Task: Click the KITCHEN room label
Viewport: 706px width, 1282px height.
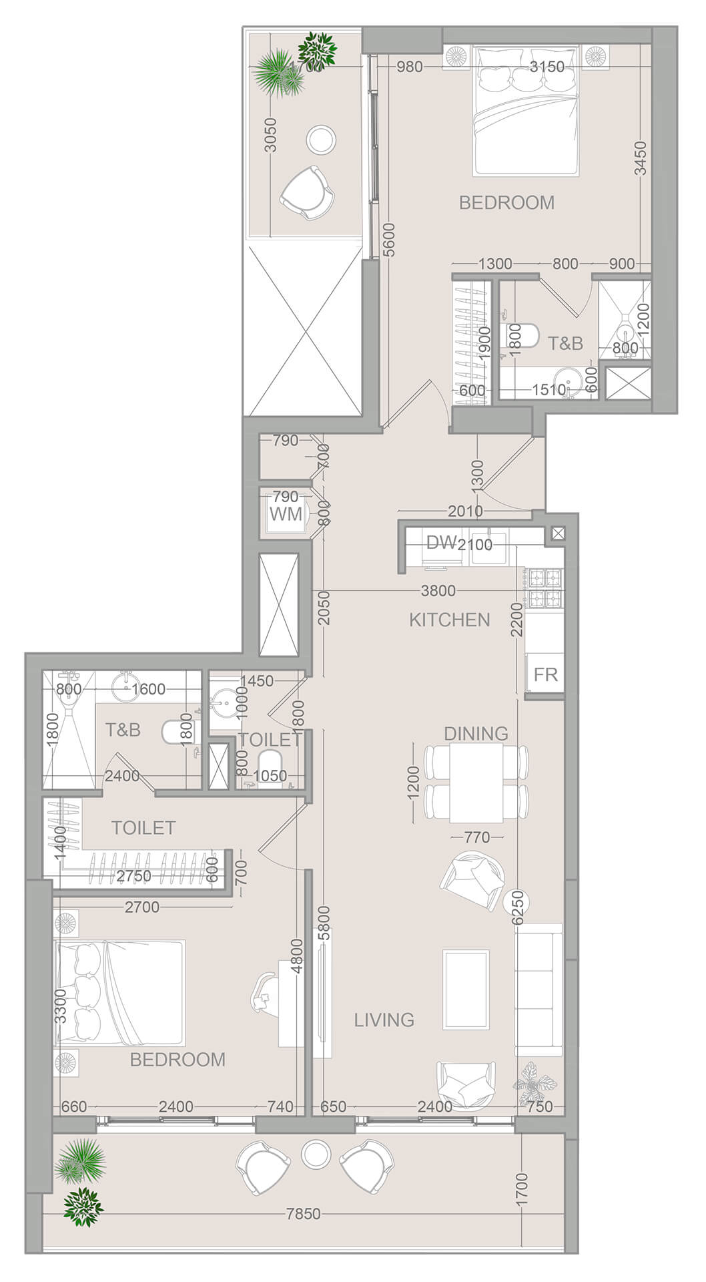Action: (449, 620)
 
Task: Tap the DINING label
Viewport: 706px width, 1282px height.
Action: (476, 733)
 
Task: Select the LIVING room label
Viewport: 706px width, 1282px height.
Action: (384, 1020)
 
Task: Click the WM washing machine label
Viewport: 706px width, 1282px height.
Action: (286, 515)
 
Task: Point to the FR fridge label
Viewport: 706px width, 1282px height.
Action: (545, 674)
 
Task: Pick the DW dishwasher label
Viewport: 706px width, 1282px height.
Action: (440, 543)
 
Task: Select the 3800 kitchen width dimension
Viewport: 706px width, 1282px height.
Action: (438, 590)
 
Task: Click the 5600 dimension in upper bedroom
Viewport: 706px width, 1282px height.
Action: (389, 240)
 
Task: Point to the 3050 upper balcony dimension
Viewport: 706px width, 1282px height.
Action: (270, 136)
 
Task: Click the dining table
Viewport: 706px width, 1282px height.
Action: (476, 783)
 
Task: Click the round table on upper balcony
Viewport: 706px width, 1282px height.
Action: (321, 140)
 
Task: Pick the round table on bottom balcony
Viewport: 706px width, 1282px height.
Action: (316, 1153)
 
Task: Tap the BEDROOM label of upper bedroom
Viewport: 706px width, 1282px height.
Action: (506, 202)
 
